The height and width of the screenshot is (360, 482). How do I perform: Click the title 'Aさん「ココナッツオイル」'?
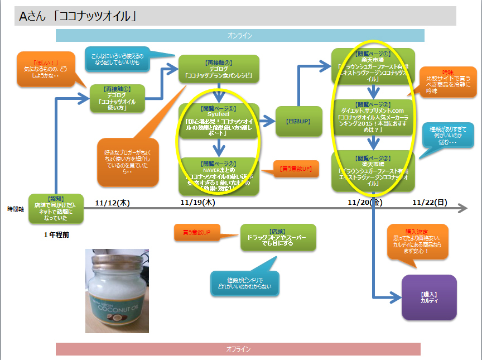78,17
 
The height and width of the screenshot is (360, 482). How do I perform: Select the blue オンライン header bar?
240,36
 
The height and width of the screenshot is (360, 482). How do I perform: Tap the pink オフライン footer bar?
238,349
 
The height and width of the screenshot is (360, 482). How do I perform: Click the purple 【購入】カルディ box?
429,297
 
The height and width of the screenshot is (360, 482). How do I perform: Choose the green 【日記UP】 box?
298,121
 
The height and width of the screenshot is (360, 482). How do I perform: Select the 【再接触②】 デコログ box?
219,69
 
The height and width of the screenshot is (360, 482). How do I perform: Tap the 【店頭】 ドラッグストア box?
278,237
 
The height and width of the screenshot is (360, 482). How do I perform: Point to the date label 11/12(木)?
112,203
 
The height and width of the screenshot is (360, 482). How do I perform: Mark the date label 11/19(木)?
199,203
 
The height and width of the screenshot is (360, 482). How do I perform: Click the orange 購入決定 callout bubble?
417,241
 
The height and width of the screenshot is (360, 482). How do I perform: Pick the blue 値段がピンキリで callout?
244,284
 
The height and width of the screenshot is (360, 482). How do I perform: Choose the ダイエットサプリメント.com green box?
373,117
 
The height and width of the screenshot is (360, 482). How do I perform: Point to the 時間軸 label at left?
14,209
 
